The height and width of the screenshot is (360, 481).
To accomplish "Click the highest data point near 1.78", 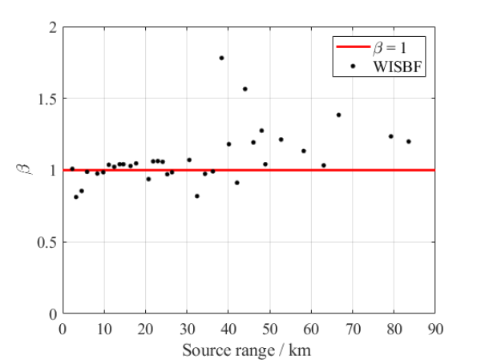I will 221,58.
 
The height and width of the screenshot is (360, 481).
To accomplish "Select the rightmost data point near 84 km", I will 408,142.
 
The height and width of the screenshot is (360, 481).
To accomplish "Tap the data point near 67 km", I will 338,115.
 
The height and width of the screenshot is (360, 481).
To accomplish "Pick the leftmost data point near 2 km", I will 72,169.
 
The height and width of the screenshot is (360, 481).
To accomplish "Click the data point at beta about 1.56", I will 245,89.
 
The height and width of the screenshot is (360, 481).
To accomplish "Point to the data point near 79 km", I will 390,136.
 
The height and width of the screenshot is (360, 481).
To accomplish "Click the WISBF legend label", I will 396,67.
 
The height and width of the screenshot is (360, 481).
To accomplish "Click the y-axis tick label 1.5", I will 47,99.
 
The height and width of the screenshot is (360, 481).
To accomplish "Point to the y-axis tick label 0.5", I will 47,242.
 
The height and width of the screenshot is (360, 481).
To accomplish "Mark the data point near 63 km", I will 323,165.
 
